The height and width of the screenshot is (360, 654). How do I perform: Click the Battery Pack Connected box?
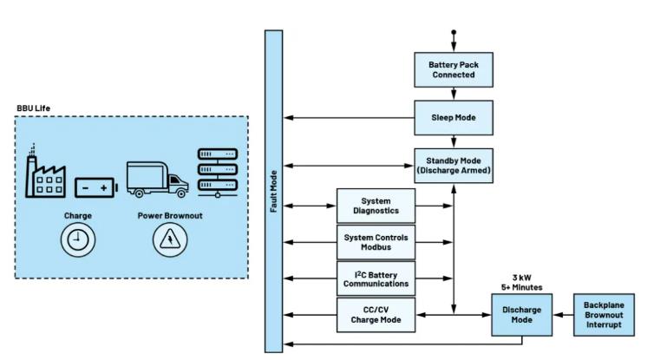coord(452,69)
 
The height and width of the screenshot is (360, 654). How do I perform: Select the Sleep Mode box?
coord(452,115)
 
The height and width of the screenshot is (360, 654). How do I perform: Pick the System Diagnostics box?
coord(375,206)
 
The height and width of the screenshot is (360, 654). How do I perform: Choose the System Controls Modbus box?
coord(375,241)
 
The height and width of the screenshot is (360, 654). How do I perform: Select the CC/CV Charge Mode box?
coord(375,313)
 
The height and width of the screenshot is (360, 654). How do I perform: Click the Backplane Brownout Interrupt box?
coord(604,313)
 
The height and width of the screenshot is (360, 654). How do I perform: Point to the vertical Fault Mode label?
coord(274,192)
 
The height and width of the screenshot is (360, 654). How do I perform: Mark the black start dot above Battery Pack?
coord(452,33)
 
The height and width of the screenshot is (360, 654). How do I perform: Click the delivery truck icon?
coord(157,180)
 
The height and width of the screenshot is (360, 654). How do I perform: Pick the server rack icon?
coord(218,173)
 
